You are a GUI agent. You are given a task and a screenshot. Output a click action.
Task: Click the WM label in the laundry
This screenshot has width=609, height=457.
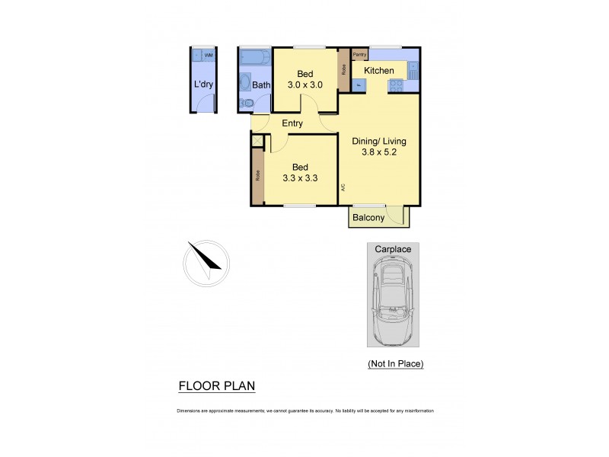(209, 56)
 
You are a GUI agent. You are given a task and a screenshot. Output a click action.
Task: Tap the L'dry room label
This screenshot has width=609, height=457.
(203, 85)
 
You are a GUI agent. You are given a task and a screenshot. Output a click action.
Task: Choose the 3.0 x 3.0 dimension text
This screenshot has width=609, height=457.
(305, 85)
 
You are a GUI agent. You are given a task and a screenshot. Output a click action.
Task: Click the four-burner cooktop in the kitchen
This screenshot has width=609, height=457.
(396, 85)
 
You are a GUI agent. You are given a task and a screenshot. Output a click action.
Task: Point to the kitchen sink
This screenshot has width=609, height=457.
(412, 71)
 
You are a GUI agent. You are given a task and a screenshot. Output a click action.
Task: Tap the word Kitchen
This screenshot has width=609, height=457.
(378, 71)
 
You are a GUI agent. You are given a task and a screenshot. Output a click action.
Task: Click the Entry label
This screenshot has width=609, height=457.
(292, 123)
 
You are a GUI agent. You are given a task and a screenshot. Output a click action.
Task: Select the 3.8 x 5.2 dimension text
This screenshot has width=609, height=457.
(378, 152)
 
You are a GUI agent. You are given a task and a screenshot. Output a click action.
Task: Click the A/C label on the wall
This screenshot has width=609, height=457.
(344, 187)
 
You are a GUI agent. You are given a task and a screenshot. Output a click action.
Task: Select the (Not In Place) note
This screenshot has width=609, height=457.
(395, 363)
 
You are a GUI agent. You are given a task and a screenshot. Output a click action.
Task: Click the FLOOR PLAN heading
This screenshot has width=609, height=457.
(216, 386)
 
